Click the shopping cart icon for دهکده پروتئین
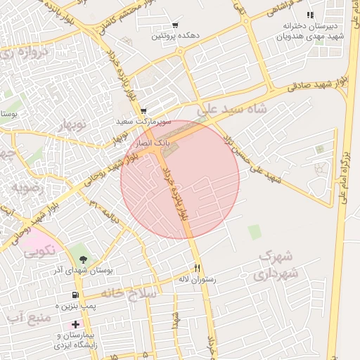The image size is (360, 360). (175, 25)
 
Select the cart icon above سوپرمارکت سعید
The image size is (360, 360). (143, 111)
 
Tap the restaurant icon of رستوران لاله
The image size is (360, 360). (198, 268)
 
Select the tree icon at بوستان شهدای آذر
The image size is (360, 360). (75, 251)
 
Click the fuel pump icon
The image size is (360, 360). (75, 295)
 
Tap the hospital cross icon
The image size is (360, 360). (75, 325)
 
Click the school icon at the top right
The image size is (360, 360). (310, 15)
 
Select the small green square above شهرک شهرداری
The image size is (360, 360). (254, 231)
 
